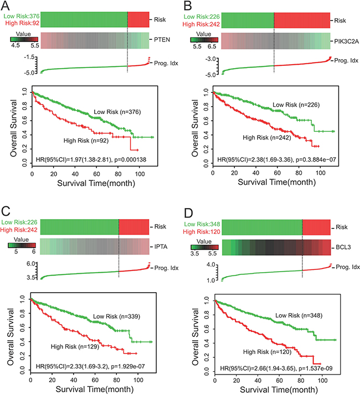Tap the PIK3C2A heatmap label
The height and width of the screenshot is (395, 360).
coord(346,40)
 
